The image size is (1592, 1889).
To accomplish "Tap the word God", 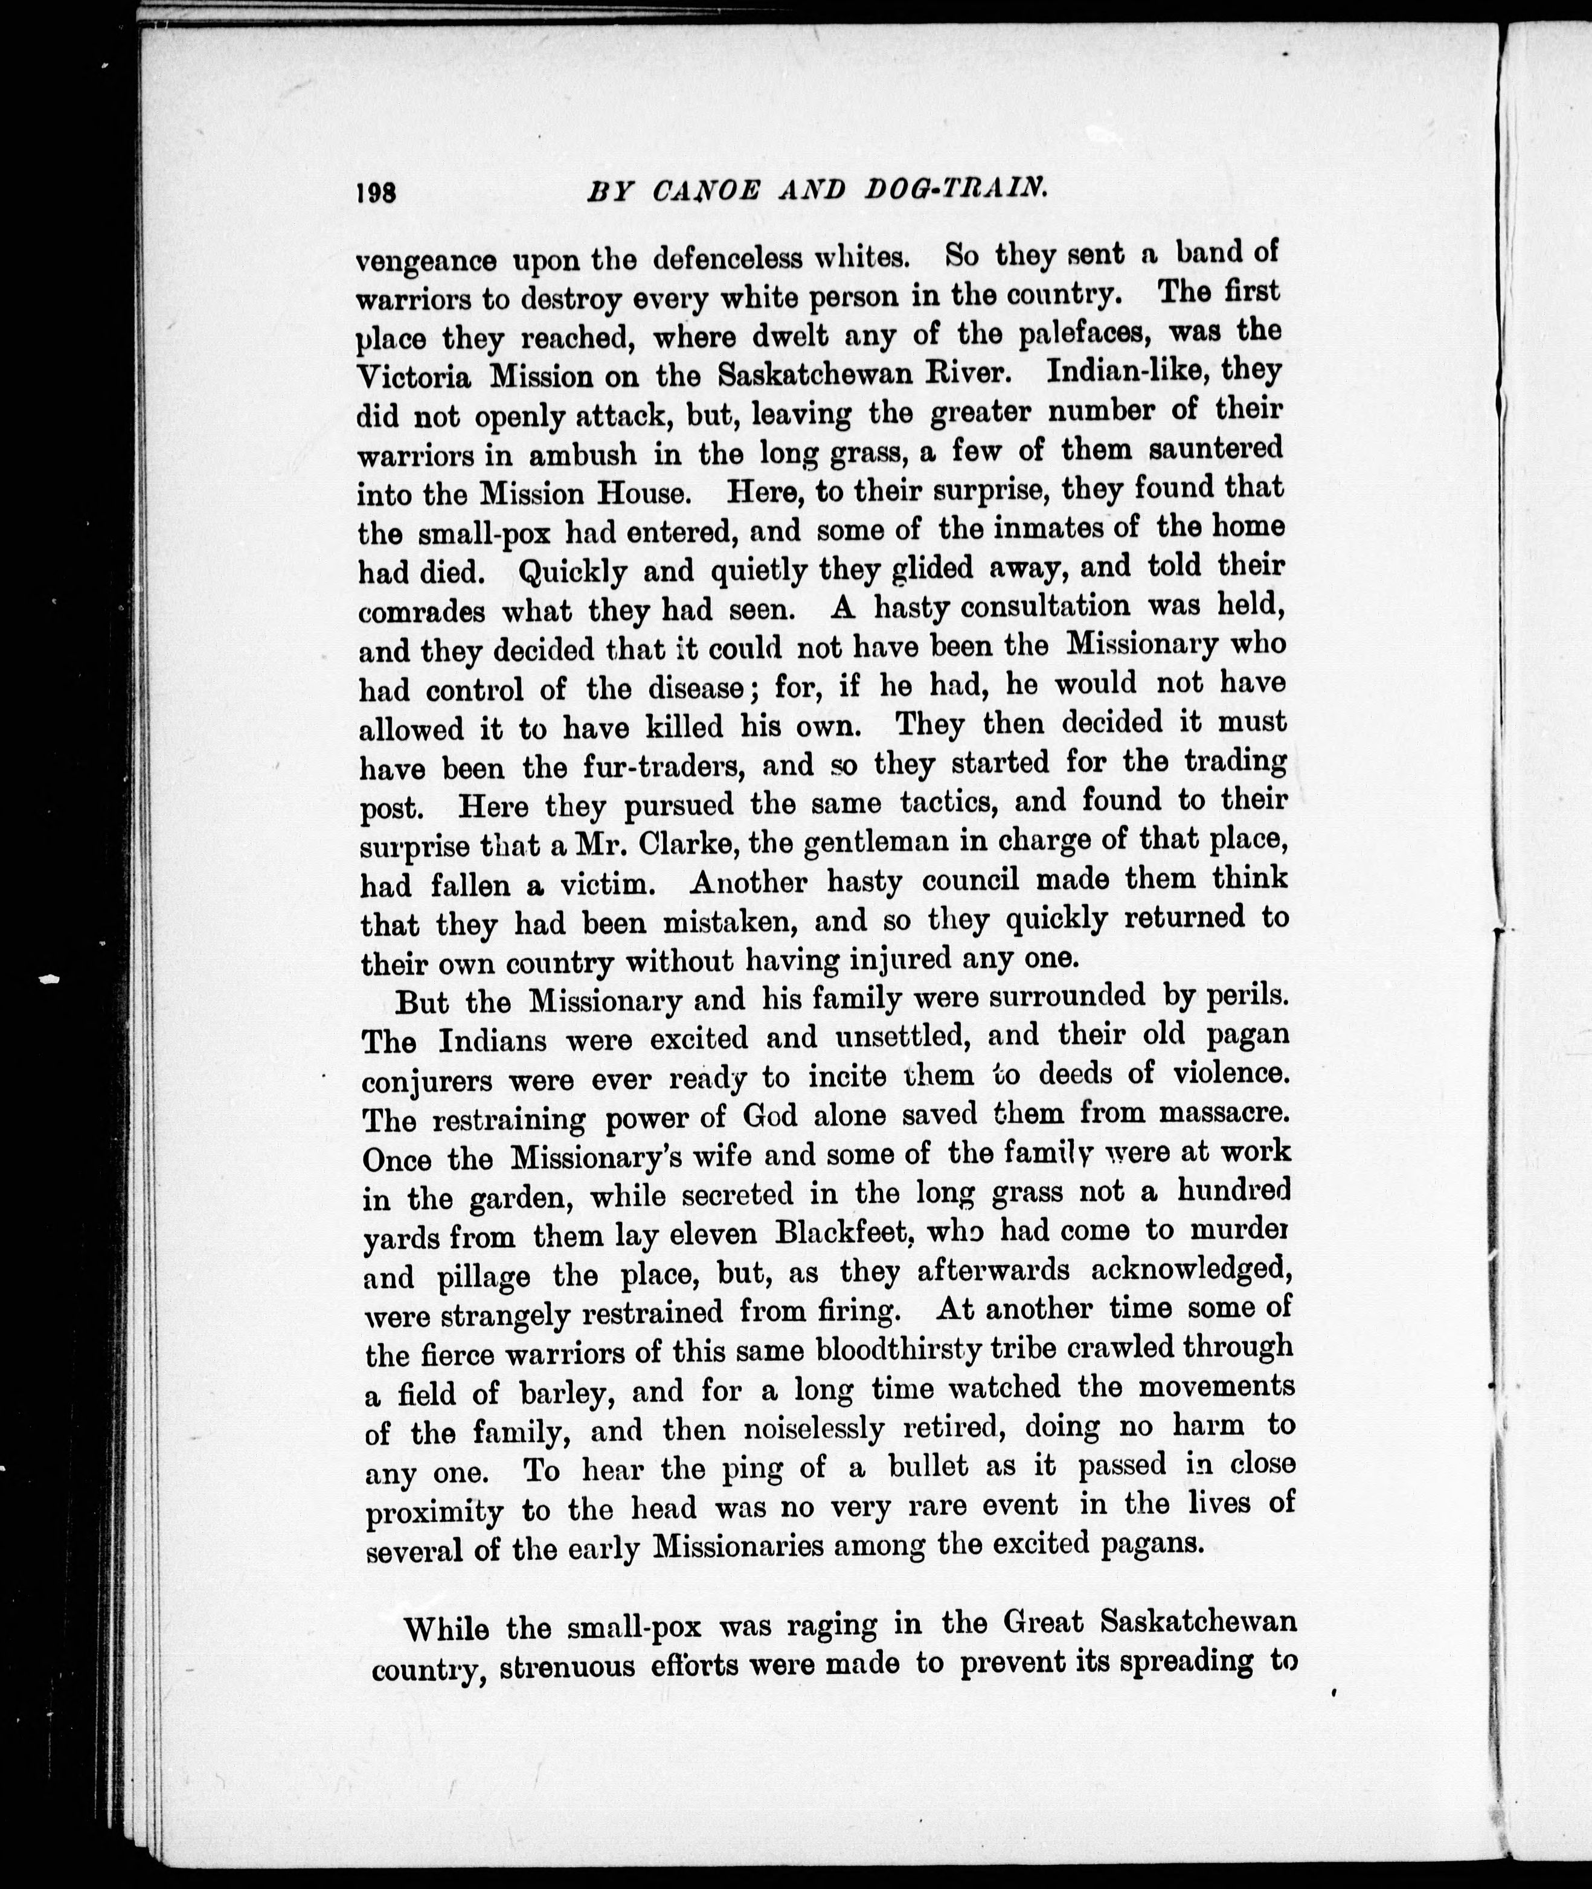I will tap(769, 1117).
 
